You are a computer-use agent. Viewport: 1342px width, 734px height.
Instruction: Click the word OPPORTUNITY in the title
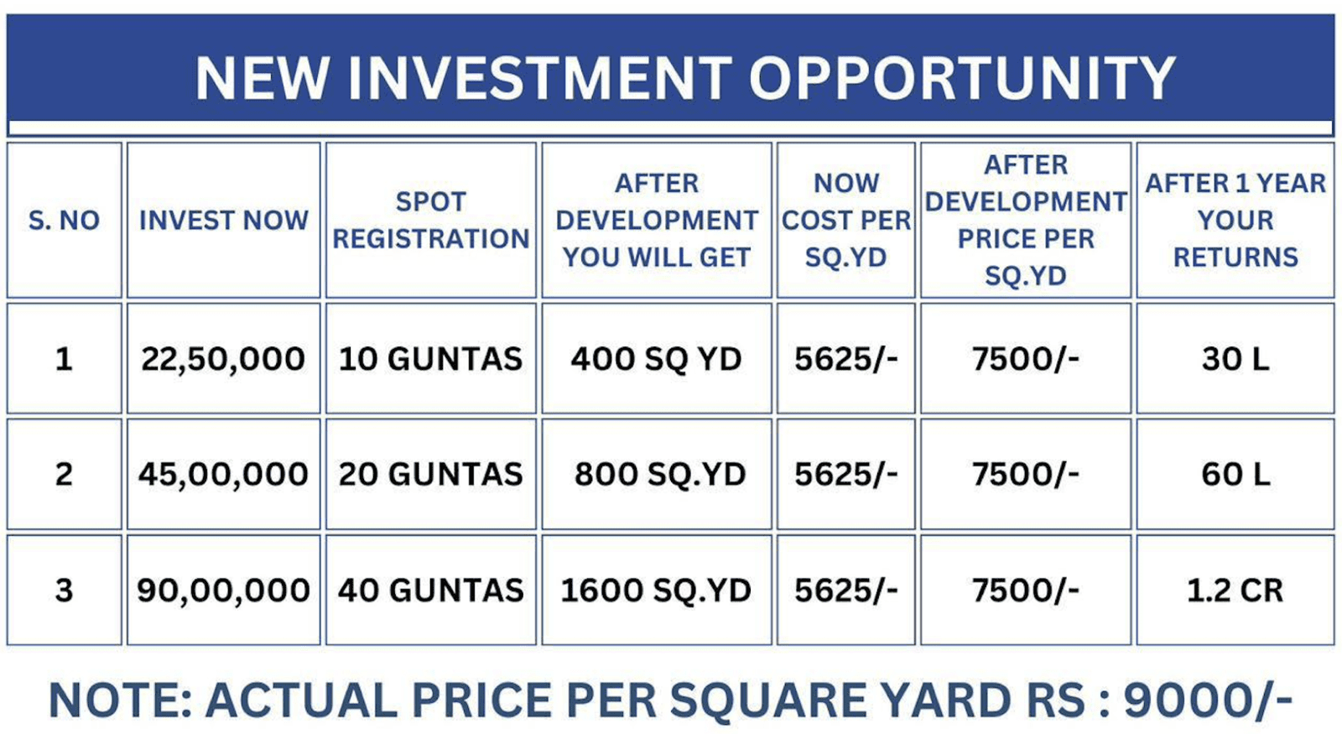[x=963, y=78]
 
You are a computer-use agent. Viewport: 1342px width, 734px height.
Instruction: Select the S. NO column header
[x=64, y=221]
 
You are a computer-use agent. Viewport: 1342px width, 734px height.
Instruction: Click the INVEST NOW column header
[x=223, y=221]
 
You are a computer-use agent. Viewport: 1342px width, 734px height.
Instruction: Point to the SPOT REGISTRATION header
[x=431, y=221]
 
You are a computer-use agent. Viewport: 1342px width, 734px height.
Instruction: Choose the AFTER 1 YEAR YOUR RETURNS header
[x=1235, y=221]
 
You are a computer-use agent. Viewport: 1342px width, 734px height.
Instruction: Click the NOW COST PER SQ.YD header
[x=846, y=221]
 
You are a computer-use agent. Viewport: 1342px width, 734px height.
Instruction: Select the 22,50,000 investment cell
[x=223, y=360]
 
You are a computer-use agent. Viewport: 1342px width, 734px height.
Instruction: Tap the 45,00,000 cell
[x=223, y=475]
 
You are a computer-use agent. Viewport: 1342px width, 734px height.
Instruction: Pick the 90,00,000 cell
[x=223, y=591]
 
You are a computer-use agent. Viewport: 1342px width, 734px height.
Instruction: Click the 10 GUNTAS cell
[x=430, y=360]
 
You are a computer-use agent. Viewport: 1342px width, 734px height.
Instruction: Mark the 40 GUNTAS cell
[x=431, y=591]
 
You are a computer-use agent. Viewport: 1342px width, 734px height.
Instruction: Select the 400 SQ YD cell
[x=656, y=360]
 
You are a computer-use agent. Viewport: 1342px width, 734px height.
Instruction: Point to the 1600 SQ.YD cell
[x=656, y=591]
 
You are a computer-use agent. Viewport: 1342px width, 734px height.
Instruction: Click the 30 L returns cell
[x=1235, y=360]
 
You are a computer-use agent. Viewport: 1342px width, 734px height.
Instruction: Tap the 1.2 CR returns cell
[x=1235, y=591]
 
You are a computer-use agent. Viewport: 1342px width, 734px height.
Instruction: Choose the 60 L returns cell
[x=1235, y=475]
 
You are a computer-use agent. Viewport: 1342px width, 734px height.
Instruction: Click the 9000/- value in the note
[x=1208, y=700]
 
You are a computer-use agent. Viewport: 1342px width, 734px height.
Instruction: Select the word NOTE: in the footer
[x=121, y=700]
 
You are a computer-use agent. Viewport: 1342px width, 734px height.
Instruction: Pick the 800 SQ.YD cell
[x=659, y=475]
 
